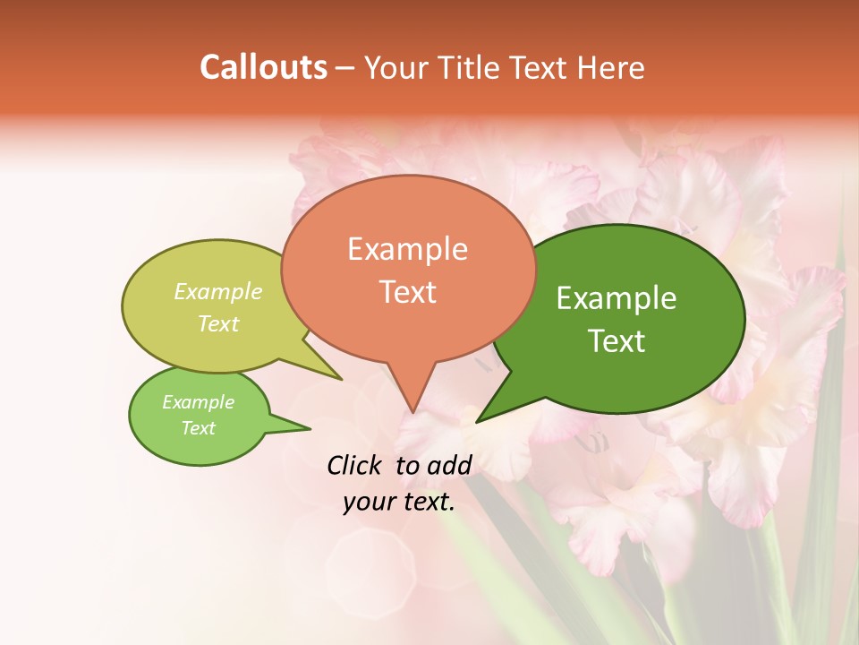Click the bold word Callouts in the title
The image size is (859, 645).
click(x=263, y=67)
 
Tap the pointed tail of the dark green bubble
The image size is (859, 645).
click(x=492, y=408)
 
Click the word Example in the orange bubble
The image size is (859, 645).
click(x=408, y=249)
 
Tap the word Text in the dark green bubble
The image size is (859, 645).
click(x=617, y=340)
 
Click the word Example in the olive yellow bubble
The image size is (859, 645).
click(x=218, y=292)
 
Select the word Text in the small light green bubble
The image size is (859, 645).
click(x=199, y=428)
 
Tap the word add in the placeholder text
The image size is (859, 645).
click(x=448, y=465)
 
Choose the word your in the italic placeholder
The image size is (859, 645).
click(x=367, y=502)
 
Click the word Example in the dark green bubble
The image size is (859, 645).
click(x=617, y=298)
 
